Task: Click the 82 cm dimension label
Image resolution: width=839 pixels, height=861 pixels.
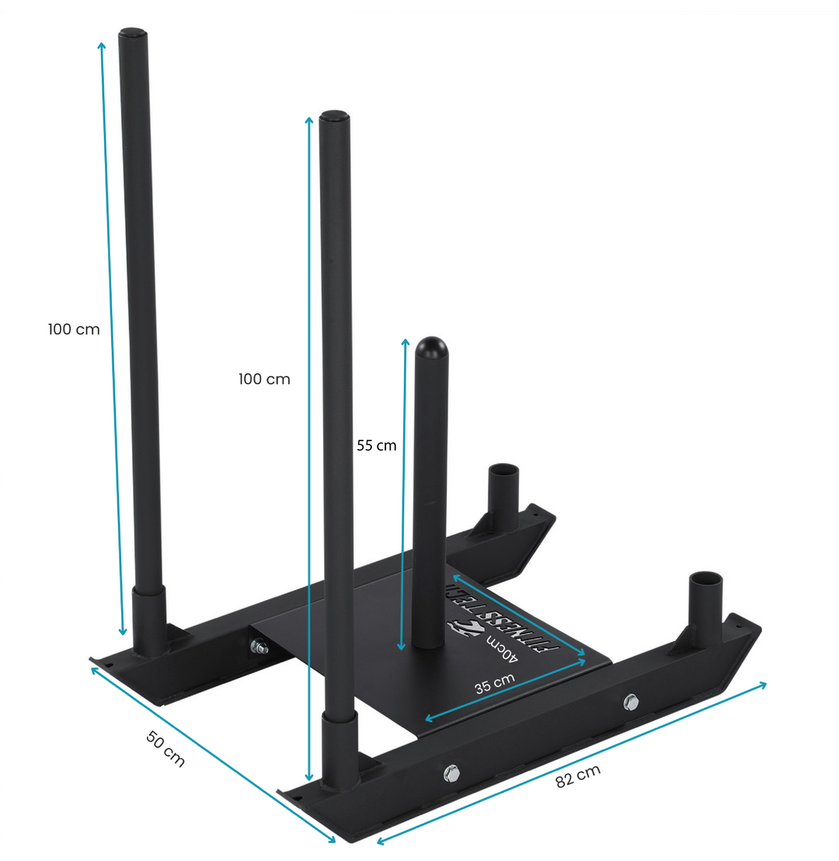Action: click(578, 776)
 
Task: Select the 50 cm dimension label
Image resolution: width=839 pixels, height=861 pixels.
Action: click(165, 749)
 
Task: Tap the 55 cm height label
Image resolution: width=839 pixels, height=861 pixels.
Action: click(377, 445)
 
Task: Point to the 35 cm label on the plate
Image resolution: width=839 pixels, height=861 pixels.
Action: click(495, 683)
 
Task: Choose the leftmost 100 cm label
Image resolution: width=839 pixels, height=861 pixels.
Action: click(74, 329)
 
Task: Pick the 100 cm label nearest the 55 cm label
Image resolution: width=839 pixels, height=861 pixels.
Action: click(264, 379)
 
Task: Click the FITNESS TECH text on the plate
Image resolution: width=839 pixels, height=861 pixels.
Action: click(497, 613)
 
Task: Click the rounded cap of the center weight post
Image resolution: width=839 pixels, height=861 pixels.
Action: click(431, 348)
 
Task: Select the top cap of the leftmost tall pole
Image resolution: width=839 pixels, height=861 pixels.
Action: click(132, 35)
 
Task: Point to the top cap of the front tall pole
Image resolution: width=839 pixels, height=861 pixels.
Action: click(334, 118)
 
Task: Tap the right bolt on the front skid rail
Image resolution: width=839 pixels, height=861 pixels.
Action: click(631, 702)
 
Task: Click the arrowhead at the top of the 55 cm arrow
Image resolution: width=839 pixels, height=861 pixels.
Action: click(405, 342)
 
